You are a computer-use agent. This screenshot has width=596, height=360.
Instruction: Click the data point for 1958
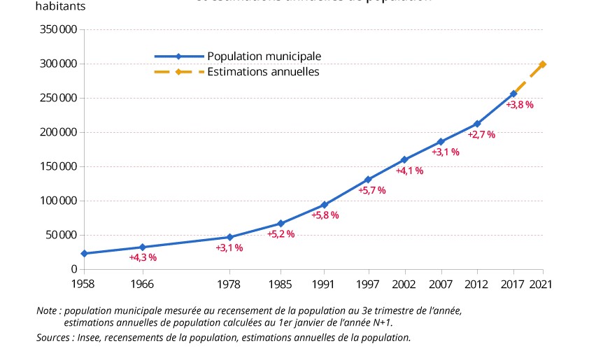[84, 253]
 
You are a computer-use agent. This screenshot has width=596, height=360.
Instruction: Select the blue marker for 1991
[324, 205]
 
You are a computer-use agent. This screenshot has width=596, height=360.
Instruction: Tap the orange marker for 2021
[543, 64]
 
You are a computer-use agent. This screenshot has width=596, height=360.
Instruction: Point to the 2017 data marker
[513, 94]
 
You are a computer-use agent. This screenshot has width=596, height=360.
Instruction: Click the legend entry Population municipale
[264, 56]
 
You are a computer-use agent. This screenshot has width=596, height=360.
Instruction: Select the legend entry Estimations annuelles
[263, 71]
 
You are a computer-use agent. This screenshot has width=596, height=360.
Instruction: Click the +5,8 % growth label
[325, 215]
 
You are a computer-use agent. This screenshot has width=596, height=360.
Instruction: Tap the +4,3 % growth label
[143, 257]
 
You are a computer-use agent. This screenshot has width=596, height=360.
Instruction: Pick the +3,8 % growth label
[520, 105]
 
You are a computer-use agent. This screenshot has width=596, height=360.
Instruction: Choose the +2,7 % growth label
[481, 134]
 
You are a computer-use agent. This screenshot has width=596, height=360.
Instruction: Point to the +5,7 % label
[371, 190]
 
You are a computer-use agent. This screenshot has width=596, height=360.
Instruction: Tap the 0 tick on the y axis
[73, 269]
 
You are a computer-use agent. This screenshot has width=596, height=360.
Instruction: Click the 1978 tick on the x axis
[229, 284]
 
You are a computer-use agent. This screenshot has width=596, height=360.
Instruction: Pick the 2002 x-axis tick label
[404, 284]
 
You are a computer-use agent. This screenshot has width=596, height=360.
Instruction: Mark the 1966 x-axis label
[143, 284]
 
